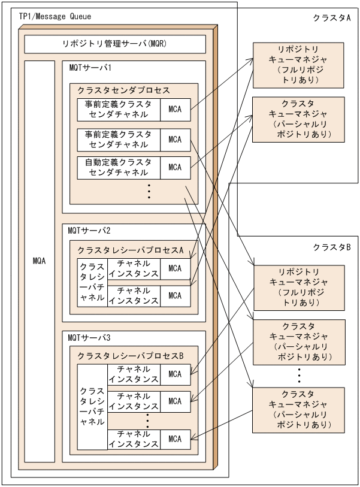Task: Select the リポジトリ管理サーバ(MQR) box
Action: click(x=115, y=44)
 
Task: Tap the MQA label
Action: click(x=40, y=261)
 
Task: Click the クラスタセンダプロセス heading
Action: click(x=124, y=90)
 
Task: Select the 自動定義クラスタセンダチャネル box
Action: click(x=119, y=168)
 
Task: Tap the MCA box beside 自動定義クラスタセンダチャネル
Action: click(x=175, y=168)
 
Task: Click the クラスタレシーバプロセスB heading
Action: click(x=130, y=356)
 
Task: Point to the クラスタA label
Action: click(x=331, y=19)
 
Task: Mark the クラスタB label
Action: click(x=331, y=247)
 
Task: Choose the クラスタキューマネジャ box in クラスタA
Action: click(x=298, y=119)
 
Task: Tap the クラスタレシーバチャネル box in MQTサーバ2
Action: click(x=92, y=282)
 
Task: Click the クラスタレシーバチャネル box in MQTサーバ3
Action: click(x=92, y=406)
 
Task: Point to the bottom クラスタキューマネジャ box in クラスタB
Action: click(x=298, y=410)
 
